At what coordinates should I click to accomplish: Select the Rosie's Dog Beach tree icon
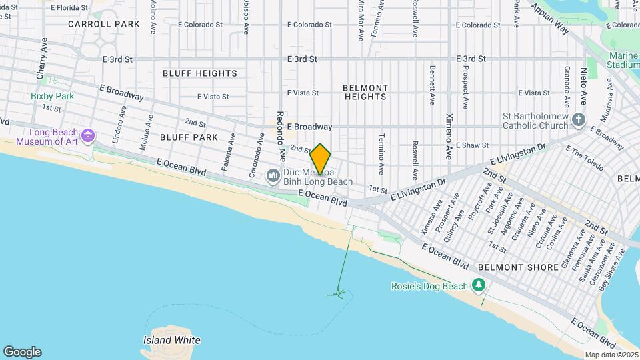478,285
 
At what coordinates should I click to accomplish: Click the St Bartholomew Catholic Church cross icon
579,121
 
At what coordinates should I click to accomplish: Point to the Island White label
171,340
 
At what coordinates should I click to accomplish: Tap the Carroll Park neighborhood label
104,24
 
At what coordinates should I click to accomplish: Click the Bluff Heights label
198,73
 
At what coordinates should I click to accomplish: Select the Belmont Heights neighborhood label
365,92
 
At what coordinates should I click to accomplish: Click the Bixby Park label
52,96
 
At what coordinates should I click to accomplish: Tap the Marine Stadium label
623,61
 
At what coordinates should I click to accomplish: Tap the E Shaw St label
472,145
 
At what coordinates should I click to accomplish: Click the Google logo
22,352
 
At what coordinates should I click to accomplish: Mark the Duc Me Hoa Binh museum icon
272,176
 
